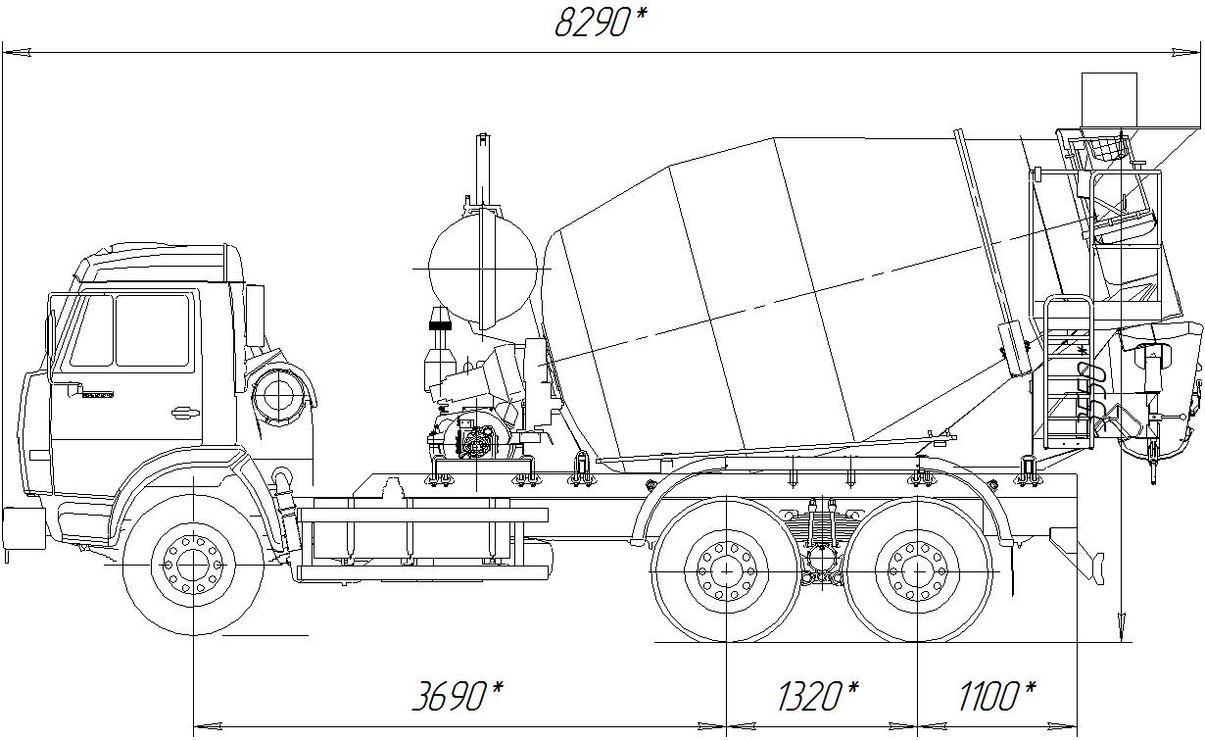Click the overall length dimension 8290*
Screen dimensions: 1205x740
tap(601, 24)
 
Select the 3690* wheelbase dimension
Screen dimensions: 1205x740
tap(458, 696)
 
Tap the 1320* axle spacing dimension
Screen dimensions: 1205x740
tap(818, 696)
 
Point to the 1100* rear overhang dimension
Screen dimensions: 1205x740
tap(997, 696)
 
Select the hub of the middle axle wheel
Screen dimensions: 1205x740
tap(726, 569)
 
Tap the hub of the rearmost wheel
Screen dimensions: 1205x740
tap(917, 569)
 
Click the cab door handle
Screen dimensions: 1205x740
tap(185, 414)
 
